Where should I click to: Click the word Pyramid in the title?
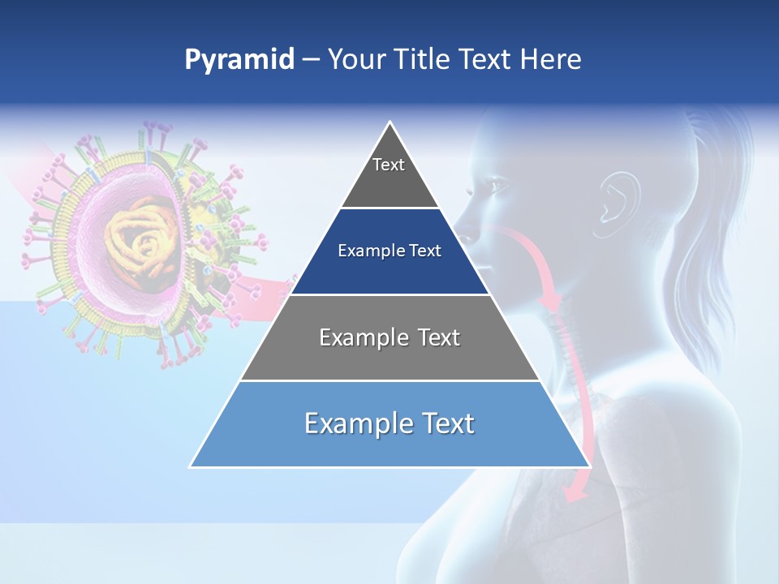click(239, 60)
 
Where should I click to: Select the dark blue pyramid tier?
click(389, 251)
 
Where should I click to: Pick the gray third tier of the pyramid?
click(389, 338)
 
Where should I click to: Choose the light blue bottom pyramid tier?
click(389, 424)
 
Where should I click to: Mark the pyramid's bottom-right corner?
click(588, 466)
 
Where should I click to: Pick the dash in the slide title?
click(311, 60)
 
